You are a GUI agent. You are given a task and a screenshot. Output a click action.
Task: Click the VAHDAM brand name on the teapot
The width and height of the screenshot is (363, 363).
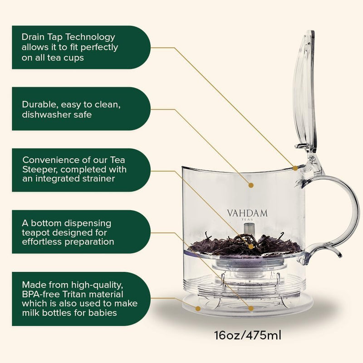pos(247,213)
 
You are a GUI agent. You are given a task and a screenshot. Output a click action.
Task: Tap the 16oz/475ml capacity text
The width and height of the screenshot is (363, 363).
pos(248,336)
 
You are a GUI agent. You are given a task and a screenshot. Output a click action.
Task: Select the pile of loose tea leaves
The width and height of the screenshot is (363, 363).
pos(245,245)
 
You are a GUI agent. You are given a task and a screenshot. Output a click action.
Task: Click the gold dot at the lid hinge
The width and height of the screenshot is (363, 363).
pos(295,167)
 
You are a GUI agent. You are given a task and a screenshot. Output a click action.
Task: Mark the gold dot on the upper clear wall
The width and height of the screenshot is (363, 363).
pos(250,185)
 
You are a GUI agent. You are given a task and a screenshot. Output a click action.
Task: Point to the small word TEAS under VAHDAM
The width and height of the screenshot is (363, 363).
pos(247,219)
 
